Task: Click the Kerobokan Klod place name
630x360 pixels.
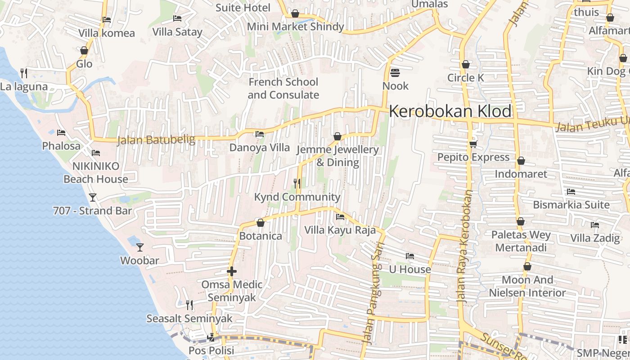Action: point(450,111)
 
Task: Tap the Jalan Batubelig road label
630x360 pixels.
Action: point(156,140)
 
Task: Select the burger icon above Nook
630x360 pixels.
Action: point(395,72)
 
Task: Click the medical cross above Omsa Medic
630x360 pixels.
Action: point(232,271)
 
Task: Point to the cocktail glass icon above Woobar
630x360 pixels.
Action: point(140,247)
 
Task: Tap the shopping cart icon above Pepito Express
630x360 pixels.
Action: point(473,144)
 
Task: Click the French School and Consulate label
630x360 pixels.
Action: point(283,89)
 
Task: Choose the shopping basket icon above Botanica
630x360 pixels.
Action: point(260,222)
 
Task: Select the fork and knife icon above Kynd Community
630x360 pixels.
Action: point(297,183)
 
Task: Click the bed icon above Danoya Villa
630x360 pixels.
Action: point(259,134)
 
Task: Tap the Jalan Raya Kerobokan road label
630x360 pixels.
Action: point(464,246)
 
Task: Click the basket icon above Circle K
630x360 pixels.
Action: point(465,64)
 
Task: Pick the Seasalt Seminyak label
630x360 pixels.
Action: point(189,319)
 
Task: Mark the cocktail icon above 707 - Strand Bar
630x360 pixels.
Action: point(93,197)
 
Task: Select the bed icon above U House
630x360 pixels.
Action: point(409,256)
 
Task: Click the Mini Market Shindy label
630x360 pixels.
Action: point(295,27)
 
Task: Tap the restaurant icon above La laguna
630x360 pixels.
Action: point(24,73)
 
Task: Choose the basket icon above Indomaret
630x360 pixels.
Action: point(521,161)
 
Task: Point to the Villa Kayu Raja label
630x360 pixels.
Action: point(340,230)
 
